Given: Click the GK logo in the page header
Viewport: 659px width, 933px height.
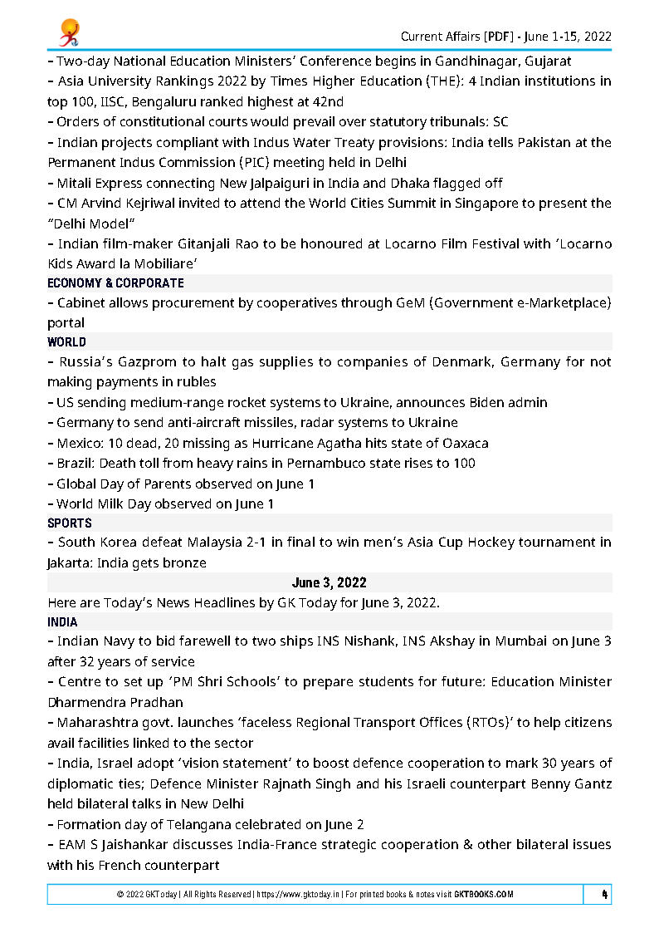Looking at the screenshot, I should click(x=68, y=32).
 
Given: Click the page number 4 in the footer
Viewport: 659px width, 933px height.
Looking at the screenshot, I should click(x=604, y=894).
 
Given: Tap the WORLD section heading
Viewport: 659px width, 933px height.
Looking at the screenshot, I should click(x=66, y=341).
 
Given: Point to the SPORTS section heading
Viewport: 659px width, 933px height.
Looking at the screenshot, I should click(x=70, y=523).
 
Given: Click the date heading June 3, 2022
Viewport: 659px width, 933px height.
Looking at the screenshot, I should click(x=329, y=582).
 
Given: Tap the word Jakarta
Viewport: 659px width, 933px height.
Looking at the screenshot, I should click(x=70, y=562).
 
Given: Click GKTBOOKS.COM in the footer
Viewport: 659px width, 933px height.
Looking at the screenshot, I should click(x=484, y=895).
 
